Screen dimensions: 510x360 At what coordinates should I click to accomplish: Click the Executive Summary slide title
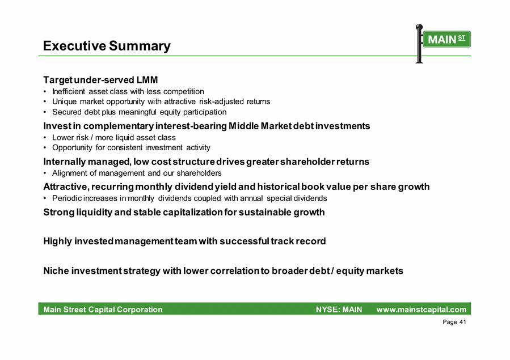107,46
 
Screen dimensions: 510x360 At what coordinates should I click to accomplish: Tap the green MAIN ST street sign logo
447,39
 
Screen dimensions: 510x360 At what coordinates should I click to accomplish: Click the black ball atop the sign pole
419,27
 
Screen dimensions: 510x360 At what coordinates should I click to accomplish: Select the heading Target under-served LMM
100,80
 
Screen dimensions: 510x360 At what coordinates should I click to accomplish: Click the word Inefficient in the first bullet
69,92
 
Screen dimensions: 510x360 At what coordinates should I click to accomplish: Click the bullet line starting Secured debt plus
139,112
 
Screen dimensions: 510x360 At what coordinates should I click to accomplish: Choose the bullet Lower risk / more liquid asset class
114,138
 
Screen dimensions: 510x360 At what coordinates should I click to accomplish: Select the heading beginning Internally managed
206,162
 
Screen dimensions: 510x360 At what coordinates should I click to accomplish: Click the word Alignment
70,173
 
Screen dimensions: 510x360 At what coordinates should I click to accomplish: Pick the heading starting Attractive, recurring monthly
237,187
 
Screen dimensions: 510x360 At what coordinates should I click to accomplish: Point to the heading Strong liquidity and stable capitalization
184,212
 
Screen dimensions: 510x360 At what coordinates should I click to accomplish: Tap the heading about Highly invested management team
184,241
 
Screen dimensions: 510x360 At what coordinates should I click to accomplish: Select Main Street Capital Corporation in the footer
103,310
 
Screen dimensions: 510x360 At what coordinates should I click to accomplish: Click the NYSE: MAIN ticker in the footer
339,310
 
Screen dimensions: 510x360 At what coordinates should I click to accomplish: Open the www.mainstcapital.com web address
422,310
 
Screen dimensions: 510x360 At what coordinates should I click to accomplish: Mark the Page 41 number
454,322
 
